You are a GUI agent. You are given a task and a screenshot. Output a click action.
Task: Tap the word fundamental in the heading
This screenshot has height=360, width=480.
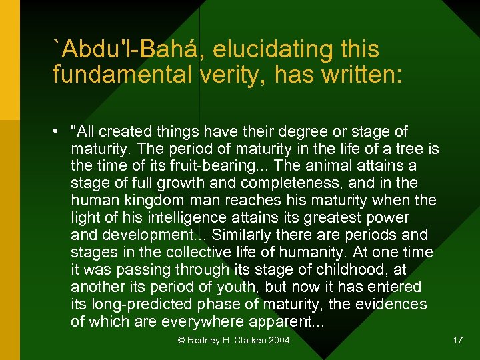pyautogui.click(x=123, y=75)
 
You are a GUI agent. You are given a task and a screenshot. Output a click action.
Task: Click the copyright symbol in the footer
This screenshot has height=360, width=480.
pyautogui.click(x=181, y=341)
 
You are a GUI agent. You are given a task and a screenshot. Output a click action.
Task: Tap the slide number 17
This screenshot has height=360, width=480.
pyautogui.click(x=457, y=340)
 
